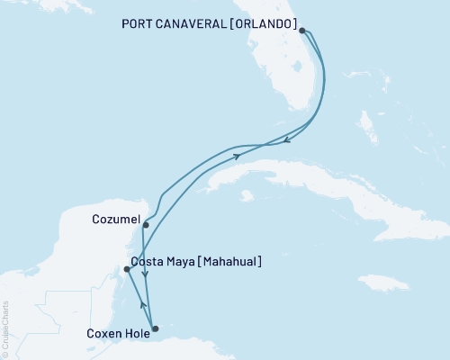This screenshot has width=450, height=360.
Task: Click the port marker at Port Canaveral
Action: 302,31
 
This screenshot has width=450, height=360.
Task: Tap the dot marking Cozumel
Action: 145,225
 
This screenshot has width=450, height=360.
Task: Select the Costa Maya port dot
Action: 127,269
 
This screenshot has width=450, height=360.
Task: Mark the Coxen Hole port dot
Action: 155,328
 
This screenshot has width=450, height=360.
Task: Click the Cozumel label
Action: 114,219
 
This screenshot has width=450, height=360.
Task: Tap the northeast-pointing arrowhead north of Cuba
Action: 238,156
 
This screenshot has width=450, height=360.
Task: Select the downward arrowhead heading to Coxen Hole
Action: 146,298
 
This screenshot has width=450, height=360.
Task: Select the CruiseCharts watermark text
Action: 5,329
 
